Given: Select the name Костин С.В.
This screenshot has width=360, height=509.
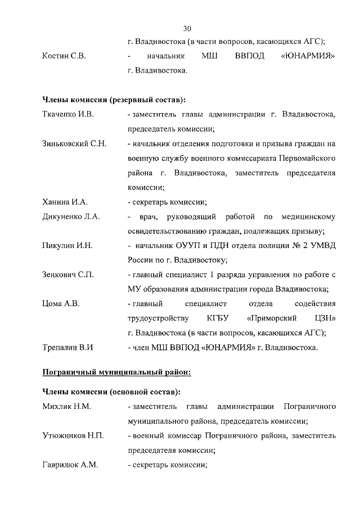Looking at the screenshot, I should [x=64, y=57].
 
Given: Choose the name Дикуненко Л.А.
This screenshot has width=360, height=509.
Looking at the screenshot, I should [x=71, y=217].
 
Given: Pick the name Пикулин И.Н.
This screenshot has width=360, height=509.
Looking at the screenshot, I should [x=67, y=246].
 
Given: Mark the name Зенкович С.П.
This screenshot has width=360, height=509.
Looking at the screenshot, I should [x=68, y=274].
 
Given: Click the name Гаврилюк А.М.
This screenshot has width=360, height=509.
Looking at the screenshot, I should [x=69, y=465].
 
